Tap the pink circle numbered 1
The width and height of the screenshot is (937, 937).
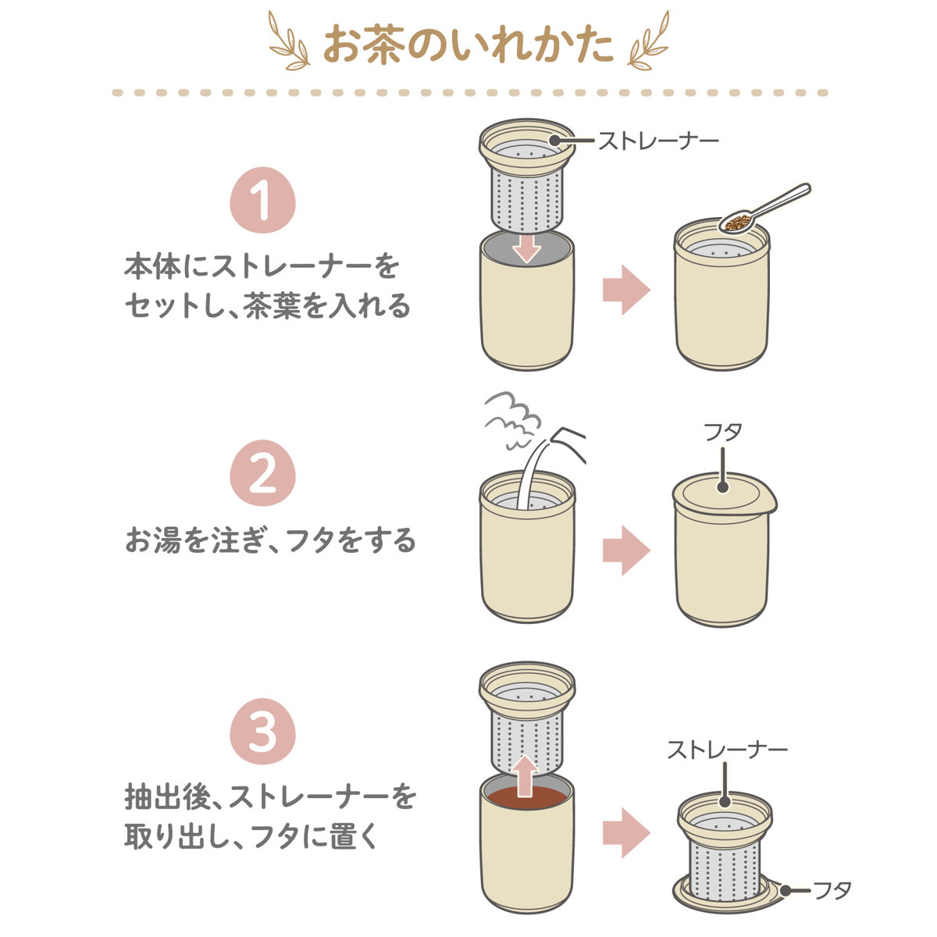(262, 200)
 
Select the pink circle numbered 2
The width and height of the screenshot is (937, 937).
(262, 472)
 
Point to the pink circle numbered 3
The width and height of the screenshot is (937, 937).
(262, 732)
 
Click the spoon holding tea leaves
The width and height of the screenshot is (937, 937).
(764, 208)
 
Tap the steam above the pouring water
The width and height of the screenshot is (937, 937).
(513, 419)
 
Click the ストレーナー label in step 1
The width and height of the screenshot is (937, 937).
(658, 141)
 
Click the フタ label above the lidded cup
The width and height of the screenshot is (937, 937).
(723, 432)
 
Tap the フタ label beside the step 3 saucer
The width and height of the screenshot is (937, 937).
(832, 890)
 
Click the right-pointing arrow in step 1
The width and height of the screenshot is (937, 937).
(626, 290)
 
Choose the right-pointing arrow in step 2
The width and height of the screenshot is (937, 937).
(626, 550)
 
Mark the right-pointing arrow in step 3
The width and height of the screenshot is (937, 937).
(626, 833)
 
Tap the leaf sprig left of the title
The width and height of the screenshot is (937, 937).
(290, 41)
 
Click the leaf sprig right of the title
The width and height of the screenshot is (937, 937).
(648, 41)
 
